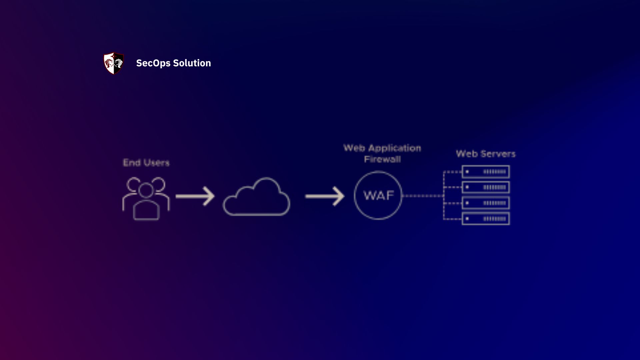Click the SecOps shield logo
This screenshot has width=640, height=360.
pyautogui.click(x=114, y=63)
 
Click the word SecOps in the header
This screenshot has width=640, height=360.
pyautogui.click(x=153, y=63)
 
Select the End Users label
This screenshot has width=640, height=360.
pyautogui.click(x=146, y=163)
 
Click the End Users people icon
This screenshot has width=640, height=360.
pyautogui.click(x=146, y=198)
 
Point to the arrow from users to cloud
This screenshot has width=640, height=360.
pyautogui.click(x=195, y=196)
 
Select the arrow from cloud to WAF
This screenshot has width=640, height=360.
pyautogui.click(x=324, y=196)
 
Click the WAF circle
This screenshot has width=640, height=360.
pyautogui.click(x=378, y=195)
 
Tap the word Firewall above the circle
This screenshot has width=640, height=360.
pyautogui.click(x=382, y=159)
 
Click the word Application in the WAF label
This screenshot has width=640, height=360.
pyautogui.click(x=395, y=148)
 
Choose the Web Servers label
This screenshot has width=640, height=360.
pyautogui.click(x=486, y=154)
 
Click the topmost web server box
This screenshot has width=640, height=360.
pyautogui.click(x=486, y=172)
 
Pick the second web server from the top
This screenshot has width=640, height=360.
pyautogui.click(x=486, y=187)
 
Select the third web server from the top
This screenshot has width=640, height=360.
pyautogui.click(x=486, y=203)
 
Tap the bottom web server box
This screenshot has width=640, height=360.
pyautogui.click(x=486, y=219)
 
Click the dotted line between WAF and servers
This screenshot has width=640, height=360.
pyautogui.click(x=423, y=196)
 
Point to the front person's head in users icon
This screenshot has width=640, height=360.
pyautogui.click(x=146, y=190)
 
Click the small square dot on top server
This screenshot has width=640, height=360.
pyautogui.click(x=467, y=172)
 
